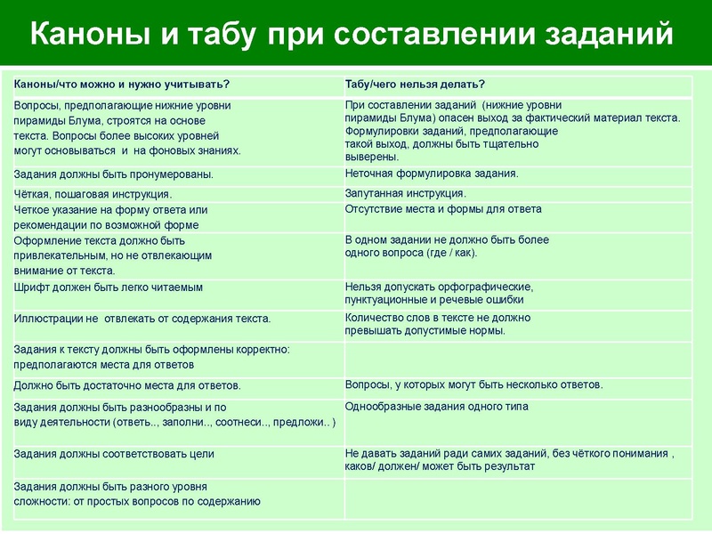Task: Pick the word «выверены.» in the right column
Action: (x=367, y=157)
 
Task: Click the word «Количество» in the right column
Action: (x=373, y=317)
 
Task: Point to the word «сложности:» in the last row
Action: (x=44, y=502)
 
